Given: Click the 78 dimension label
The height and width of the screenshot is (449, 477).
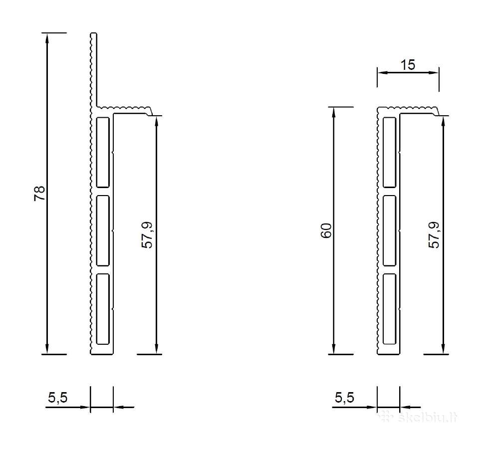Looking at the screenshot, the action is [39, 193].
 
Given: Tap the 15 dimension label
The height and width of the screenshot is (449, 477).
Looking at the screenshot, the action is [407, 65].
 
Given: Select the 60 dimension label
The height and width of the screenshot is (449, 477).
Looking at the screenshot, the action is [326, 230].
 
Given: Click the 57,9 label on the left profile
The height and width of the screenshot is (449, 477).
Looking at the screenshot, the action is [148, 235].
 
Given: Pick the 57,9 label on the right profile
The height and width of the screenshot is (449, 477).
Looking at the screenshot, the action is [434, 235].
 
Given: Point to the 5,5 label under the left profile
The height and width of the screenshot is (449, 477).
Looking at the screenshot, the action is [57, 398].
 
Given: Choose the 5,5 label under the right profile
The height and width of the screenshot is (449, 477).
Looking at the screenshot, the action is [344, 398].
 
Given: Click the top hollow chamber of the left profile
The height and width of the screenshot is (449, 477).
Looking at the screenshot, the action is [103, 152].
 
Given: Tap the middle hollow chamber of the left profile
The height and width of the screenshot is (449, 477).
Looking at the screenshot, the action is [103, 230].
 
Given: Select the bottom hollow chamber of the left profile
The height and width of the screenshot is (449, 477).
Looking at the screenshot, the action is [103, 309].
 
